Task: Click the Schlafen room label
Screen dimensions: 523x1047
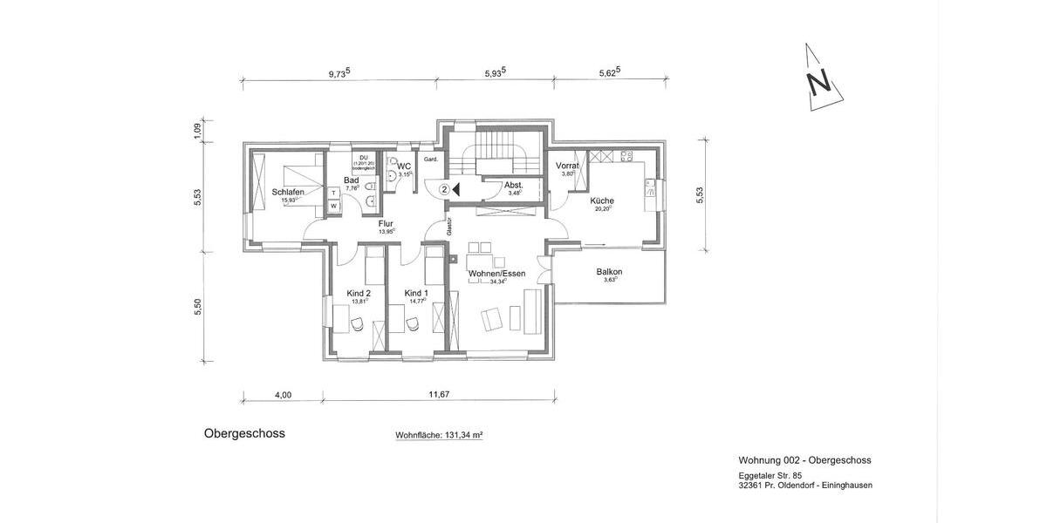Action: [287, 192]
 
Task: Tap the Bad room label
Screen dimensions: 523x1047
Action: [351, 180]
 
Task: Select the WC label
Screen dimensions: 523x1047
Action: [404, 166]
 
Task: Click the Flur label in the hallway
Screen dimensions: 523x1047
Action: [386, 224]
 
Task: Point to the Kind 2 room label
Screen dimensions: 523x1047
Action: [359, 293]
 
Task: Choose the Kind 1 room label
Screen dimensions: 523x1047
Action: [416, 293]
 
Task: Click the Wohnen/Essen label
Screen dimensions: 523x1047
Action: [496, 274]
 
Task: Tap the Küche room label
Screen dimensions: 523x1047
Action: [601, 200]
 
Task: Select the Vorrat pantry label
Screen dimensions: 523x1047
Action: [568, 165]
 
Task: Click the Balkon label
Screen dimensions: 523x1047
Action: [609, 272]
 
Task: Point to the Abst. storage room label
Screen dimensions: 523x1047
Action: [515, 184]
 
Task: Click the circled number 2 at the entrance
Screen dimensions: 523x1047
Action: [444, 188]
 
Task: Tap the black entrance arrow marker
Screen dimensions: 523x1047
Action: [458, 188]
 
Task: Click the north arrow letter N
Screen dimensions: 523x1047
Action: [818, 83]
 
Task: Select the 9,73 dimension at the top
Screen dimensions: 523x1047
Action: [339, 74]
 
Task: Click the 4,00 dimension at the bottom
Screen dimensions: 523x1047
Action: [283, 395]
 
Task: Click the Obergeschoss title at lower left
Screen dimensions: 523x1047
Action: [244, 432]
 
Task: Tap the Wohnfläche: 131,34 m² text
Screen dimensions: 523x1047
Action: [439, 434]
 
